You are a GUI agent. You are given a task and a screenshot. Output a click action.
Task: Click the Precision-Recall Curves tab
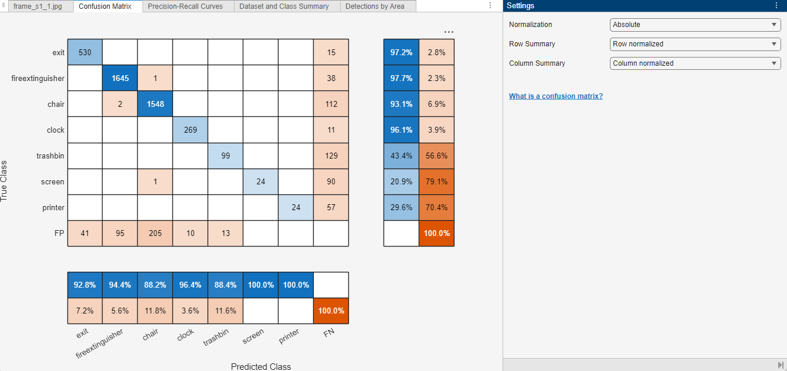(x=185, y=6)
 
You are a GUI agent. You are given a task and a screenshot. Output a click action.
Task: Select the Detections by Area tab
(x=375, y=6)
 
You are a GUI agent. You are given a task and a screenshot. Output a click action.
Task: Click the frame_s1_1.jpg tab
(x=38, y=6)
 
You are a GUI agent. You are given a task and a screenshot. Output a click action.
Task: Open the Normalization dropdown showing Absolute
(x=695, y=25)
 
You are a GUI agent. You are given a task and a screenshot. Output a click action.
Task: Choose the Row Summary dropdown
(x=695, y=44)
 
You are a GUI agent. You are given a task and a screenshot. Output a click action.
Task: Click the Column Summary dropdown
(x=695, y=63)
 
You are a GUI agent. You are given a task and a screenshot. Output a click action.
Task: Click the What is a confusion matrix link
(x=555, y=96)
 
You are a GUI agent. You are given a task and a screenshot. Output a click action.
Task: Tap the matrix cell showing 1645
(x=120, y=78)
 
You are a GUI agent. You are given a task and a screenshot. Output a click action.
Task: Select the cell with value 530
(x=84, y=52)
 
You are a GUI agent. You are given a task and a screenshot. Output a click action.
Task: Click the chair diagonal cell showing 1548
(x=155, y=104)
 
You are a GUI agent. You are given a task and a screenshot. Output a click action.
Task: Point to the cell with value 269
(x=190, y=130)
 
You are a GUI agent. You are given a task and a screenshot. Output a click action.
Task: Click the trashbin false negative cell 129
(x=331, y=156)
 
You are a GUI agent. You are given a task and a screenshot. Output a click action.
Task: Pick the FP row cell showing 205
(x=155, y=233)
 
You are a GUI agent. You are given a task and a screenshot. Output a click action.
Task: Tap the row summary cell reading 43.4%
(x=401, y=156)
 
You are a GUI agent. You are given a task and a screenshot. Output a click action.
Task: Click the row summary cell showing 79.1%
(x=436, y=181)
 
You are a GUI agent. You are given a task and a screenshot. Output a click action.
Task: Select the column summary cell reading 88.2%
(x=155, y=285)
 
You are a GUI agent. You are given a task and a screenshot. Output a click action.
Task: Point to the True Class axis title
(x=4, y=181)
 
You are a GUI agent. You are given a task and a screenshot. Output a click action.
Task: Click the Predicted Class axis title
(x=260, y=366)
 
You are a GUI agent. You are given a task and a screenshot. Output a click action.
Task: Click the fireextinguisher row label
(x=38, y=78)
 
